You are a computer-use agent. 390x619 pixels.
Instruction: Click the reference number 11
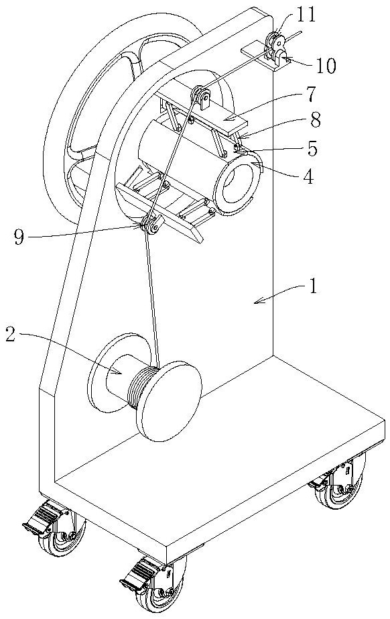click(x=306, y=15)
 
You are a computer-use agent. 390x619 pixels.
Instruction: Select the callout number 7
click(x=310, y=94)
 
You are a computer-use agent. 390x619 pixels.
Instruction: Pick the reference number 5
click(x=312, y=148)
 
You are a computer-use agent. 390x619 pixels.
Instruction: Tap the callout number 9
click(x=19, y=237)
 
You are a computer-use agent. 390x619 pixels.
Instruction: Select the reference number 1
click(x=313, y=287)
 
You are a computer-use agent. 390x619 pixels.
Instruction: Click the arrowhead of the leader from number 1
click(x=258, y=302)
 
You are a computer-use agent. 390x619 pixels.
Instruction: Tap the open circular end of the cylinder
click(x=237, y=184)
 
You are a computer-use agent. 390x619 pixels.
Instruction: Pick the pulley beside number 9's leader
click(x=150, y=225)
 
